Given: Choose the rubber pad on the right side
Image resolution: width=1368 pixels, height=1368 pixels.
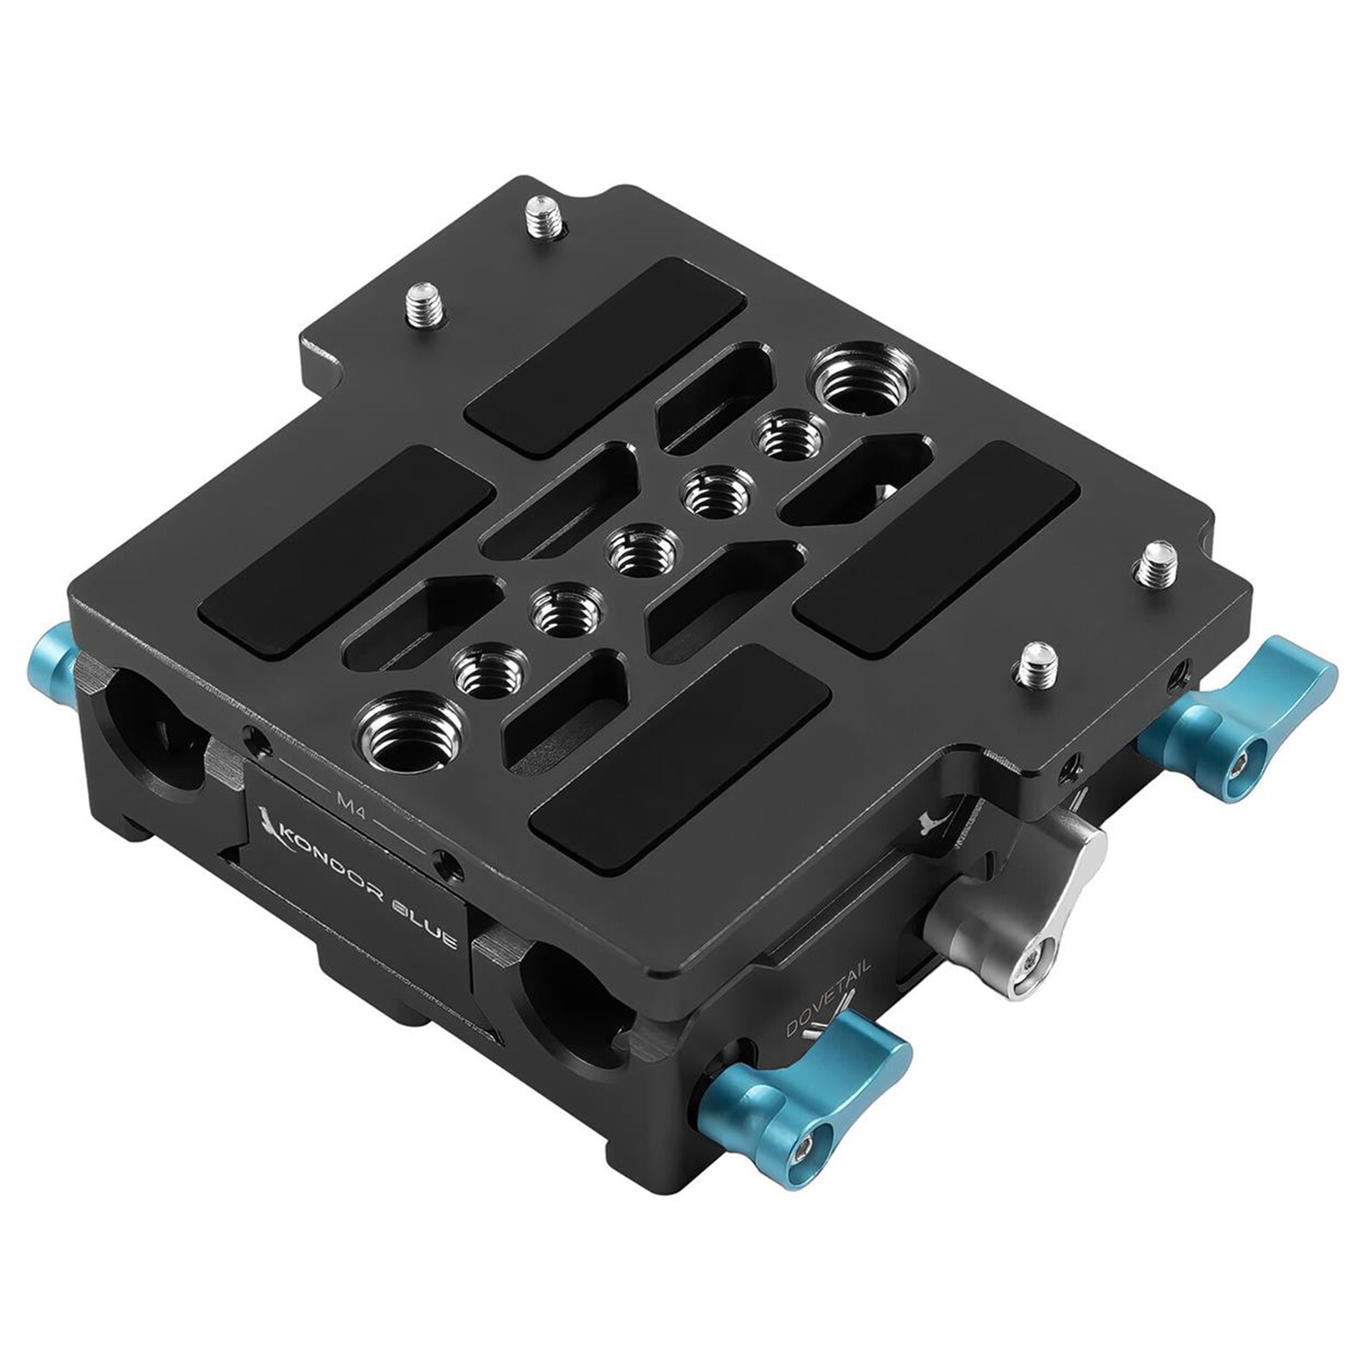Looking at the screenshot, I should click(x=937, y=547).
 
